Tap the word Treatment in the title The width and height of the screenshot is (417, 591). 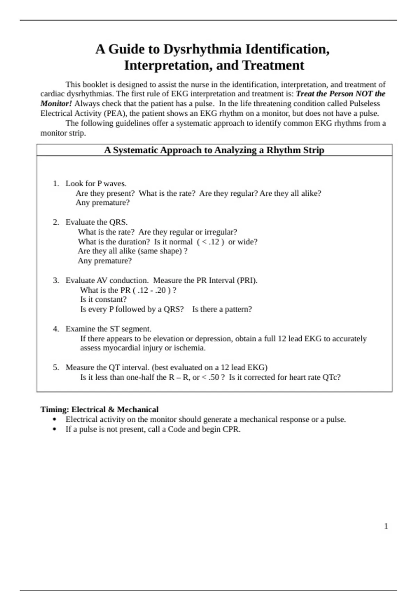[273, 65]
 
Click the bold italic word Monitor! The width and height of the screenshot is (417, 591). [56, 104]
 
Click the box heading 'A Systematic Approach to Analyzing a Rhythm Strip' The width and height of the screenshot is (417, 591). [214, 150]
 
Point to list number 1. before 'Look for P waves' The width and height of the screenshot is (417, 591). [56, 184]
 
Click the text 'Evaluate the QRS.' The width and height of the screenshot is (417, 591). [97, 222]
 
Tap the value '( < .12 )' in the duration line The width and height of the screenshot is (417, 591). [210, 242]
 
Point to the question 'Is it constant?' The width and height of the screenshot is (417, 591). [103, 300]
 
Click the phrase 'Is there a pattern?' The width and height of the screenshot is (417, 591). [222, 309]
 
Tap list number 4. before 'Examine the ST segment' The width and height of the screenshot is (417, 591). [56, 329]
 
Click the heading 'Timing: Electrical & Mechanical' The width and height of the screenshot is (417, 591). [99, 410]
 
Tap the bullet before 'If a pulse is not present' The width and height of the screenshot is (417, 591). [54, 429]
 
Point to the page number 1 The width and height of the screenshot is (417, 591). [386, 526]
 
